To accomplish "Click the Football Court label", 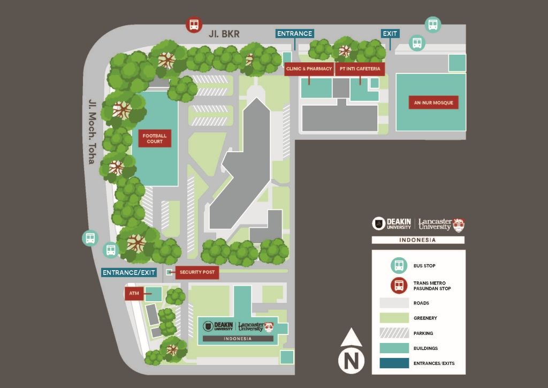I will click(155, 138).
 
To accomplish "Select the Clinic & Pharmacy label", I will click(309, 69).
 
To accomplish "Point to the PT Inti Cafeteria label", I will click(360, 69).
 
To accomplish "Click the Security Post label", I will click(197, 272).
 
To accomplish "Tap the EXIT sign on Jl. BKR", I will click(390, 33).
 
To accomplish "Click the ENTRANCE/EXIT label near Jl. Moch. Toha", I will click(129, 273).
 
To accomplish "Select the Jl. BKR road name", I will click(224, 34).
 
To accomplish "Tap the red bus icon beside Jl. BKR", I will click(194, 25).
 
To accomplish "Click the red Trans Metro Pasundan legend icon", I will click(399, 286).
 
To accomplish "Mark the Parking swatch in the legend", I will click(394, 333).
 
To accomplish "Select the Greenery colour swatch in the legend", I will click(394, 318).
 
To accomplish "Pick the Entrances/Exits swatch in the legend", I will click(394, 363).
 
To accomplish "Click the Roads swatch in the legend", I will click(394, 303).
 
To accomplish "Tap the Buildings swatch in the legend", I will click(394, 348).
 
